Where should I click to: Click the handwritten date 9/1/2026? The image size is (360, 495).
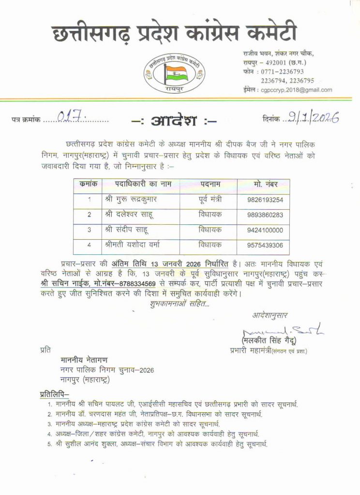click(x=313, y=116)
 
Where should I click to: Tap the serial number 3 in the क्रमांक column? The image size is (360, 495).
click(x=89, y=230)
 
